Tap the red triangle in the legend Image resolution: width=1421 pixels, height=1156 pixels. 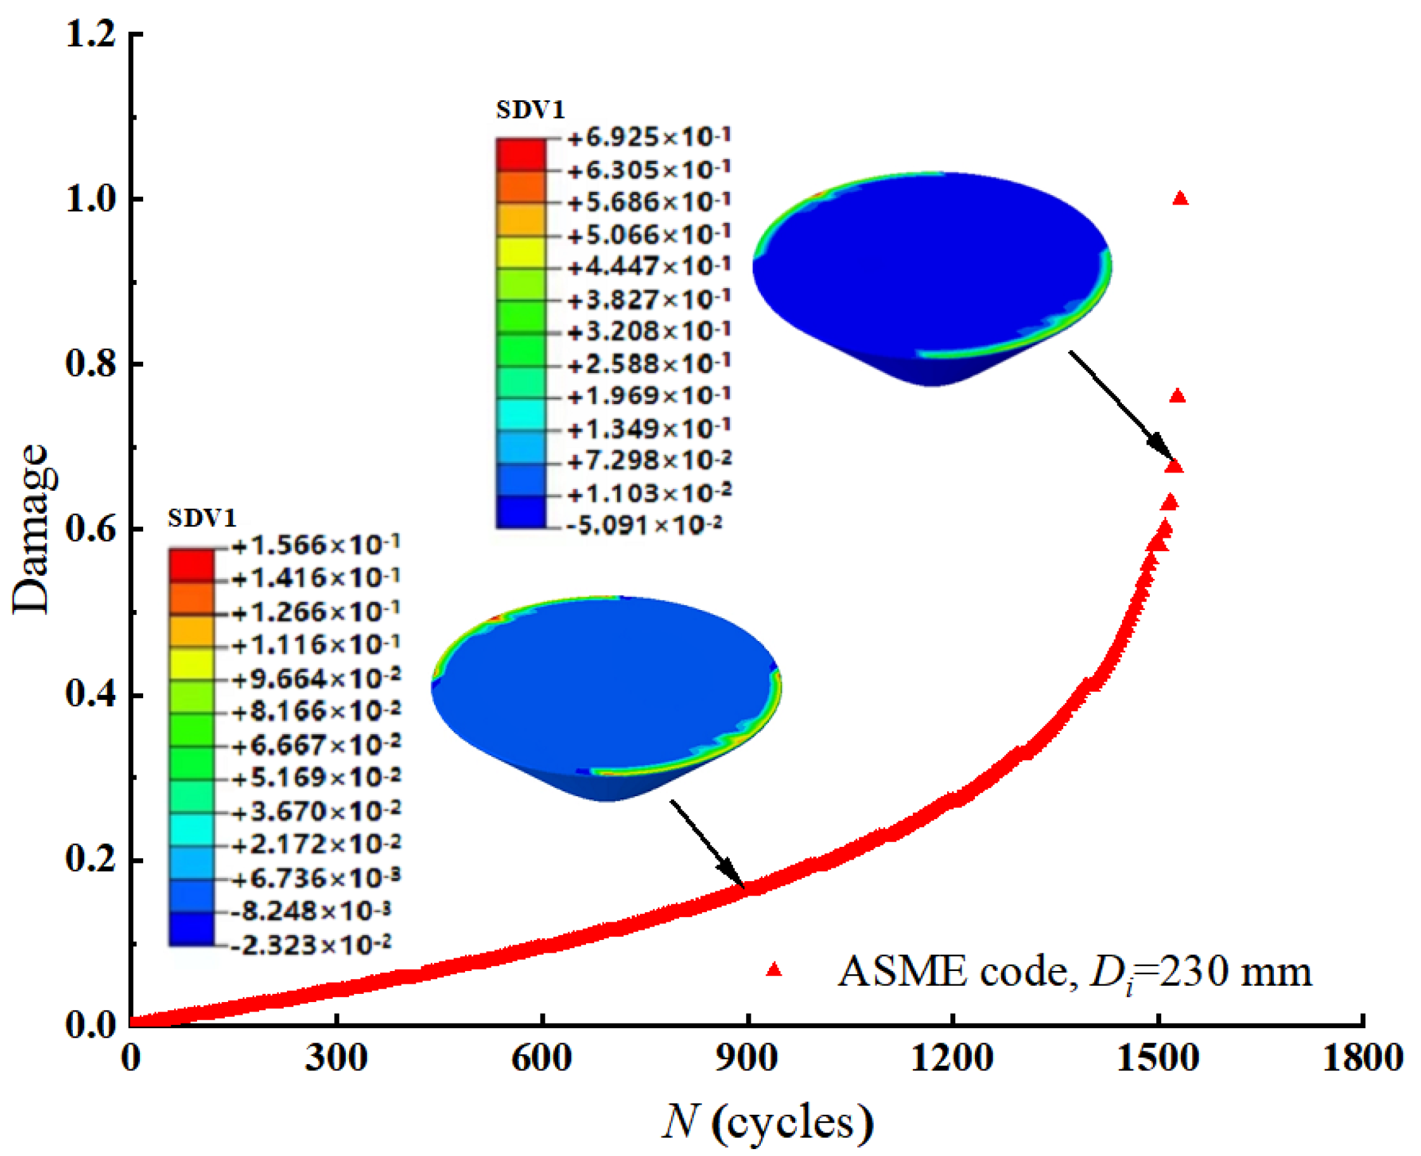click(773, 970)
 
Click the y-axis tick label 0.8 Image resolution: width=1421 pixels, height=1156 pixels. click(92, 364)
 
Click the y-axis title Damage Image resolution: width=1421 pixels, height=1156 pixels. click(30, 530)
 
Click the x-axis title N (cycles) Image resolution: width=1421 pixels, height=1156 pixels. click(767, 1123)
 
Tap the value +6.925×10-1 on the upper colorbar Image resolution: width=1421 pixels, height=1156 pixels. click(649, 138)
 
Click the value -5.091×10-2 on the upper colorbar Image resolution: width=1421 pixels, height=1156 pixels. click(644, 525)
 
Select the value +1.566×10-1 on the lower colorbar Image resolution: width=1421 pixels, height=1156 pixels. click(315, 545)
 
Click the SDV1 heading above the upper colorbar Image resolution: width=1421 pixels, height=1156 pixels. click(530, 110)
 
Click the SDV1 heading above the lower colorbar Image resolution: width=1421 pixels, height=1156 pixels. click(201, 518)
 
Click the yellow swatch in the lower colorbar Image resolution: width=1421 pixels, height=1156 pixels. click(192, 663)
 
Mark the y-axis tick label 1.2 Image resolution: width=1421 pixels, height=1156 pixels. click(92, 34)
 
